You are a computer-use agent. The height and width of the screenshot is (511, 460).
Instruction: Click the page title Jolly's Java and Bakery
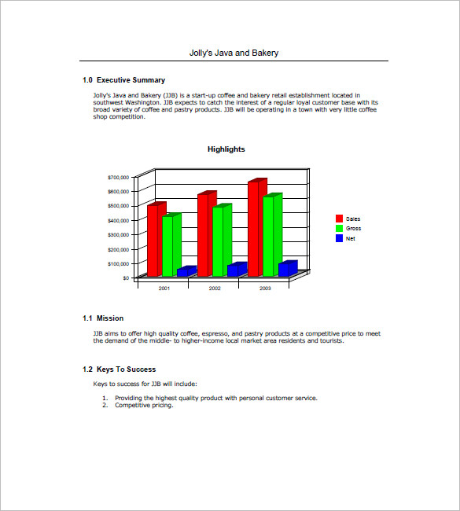pos(234,53)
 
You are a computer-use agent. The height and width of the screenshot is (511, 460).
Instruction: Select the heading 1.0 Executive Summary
pos(123,80)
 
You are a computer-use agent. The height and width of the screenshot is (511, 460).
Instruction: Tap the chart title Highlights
pos(226,149)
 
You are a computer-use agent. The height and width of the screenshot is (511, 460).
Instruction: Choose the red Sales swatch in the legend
pos(339,219)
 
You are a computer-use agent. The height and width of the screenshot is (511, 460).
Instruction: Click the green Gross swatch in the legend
pos(339,228)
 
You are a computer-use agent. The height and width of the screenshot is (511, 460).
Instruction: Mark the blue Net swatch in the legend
pos(339,238)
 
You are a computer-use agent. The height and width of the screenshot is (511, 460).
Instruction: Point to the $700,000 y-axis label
pos(117,178)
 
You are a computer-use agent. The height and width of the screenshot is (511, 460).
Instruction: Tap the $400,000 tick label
pos(117,221)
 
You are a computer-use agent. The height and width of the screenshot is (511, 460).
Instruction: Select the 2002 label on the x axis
pos(214,289)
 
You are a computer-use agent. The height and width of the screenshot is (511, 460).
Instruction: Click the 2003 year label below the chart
pos(264,289)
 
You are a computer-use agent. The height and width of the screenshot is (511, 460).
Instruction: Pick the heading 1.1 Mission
pos(103,318)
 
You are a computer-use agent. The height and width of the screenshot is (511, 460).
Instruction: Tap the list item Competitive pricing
pos(144,406)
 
